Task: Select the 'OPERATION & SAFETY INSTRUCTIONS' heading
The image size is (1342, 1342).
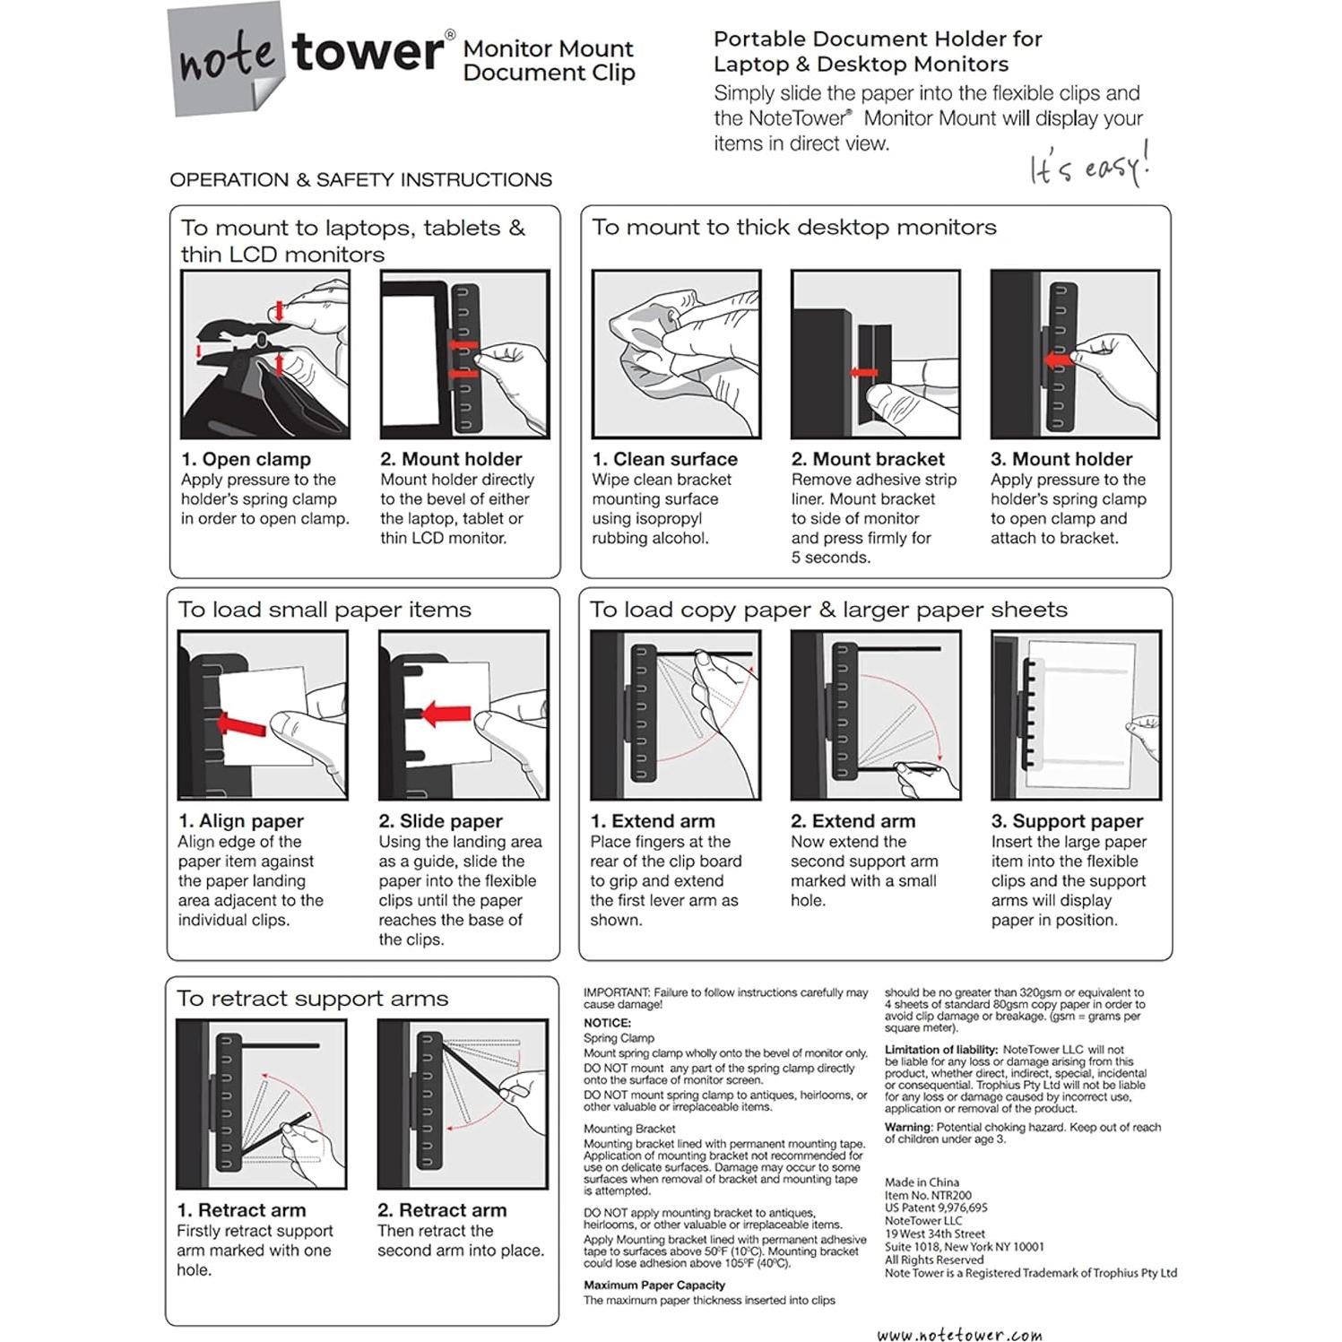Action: coord(360,180)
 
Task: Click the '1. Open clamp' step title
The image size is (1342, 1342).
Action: coord(246,459)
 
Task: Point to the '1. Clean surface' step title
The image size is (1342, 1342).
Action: coord(664,459)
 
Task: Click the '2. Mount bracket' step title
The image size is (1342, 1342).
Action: coord(867,459)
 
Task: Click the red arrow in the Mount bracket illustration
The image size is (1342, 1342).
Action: coord(864,372)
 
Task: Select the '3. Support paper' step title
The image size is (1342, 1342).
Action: coord(1067,821)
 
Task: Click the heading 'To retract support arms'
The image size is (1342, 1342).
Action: coord(312,999)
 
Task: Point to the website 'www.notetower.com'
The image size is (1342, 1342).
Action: coord(959,1335)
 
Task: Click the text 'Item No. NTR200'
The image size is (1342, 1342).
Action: coord(928,1195)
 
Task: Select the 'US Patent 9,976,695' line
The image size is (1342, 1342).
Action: coord(936,1208)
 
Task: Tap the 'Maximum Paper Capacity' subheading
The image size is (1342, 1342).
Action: coord(654,1286)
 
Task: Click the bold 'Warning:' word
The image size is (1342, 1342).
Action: coord(908,1128)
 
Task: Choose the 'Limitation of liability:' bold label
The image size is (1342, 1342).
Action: coord(940,1050)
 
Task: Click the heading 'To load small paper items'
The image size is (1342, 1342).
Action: coord(324,610)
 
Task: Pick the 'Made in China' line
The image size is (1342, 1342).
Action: coord(922,1182)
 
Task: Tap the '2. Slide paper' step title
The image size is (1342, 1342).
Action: coord(440,821)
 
